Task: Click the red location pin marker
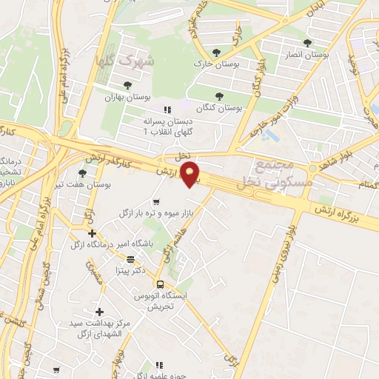192,175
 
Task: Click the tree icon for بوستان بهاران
128,85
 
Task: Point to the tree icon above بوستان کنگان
218,95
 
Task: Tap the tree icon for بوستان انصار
308,43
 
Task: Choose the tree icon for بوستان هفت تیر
81,173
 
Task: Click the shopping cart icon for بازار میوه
155,201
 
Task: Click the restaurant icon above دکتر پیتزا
131,259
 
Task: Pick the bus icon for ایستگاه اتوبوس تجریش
160,284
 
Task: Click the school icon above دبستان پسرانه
167,110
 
